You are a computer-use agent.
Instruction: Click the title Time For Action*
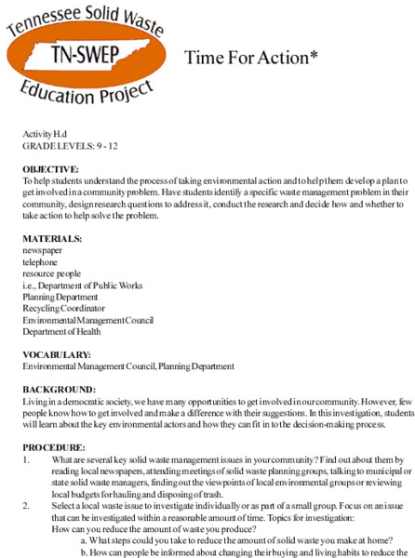[251, 58]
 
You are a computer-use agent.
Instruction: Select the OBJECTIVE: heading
[51, 169]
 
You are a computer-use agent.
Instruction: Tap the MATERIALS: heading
[53, 239]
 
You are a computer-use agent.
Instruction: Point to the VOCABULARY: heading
[57, 354]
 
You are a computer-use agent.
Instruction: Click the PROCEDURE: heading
[55, 447]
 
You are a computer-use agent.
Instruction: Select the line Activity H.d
[45, 135]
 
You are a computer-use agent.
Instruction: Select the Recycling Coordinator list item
[63, 308]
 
